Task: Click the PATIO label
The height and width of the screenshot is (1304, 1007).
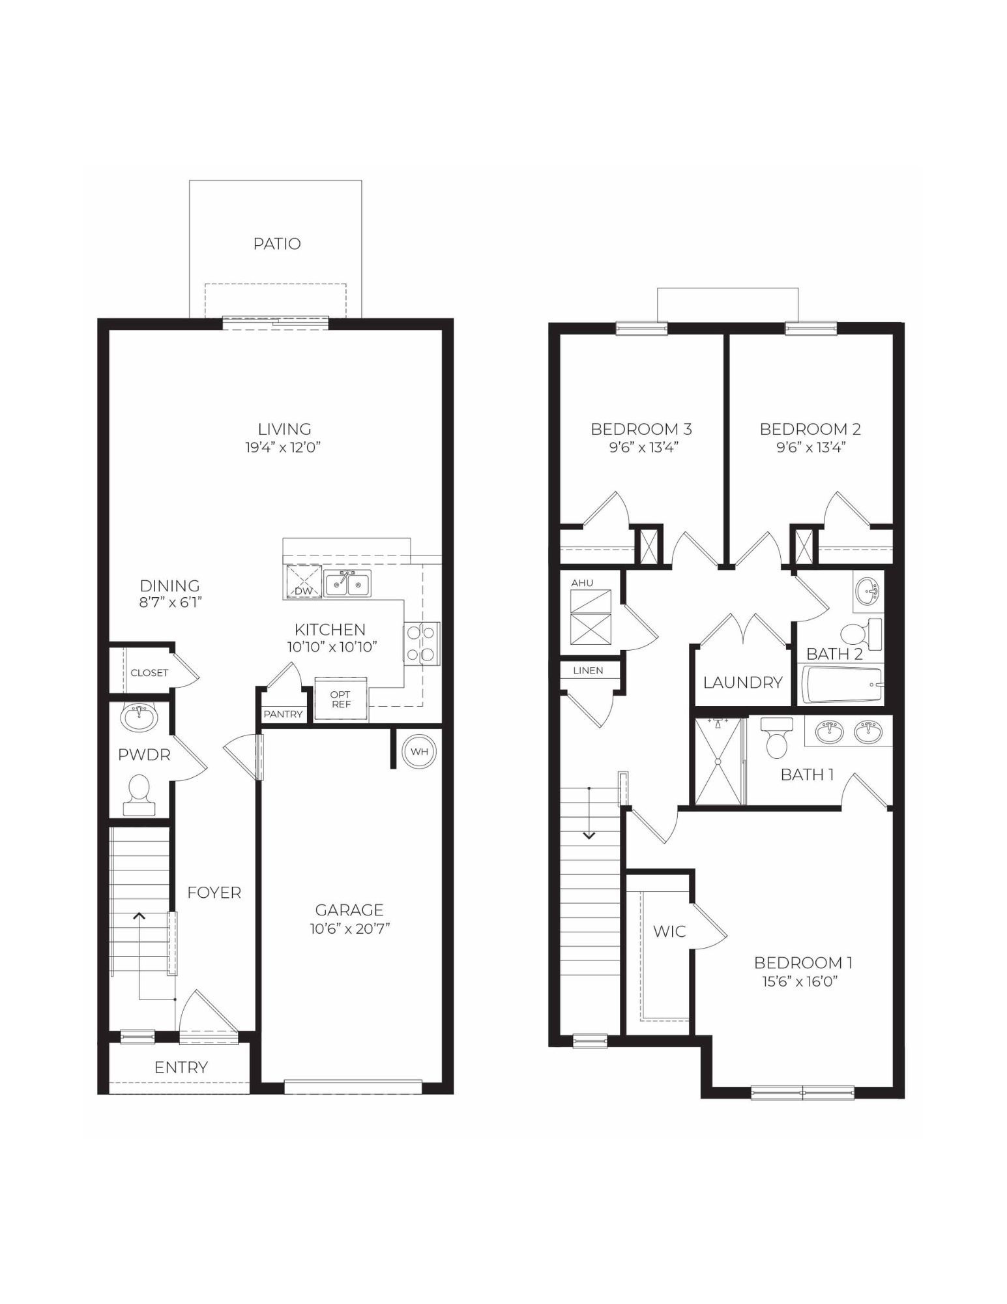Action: (x=277, y=244)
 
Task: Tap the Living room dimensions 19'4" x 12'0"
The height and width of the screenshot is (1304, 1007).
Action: (x=284, y=447)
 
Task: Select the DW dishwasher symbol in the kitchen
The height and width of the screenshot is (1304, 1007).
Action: (x=304, y=582)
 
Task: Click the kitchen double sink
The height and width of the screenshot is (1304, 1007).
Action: (x=347, y=583)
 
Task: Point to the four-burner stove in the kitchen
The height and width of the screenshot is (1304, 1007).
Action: (x=421, y=643)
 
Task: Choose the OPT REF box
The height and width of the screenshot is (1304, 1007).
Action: (x=341, y=700)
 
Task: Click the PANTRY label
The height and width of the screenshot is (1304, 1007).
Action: (x=283, y=714)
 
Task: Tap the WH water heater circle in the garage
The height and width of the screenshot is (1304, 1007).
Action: (x=419, y=751)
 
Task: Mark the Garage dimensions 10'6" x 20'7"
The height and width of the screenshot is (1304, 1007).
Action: (x=349, y=928)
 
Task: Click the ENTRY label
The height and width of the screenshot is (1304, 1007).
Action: (x=181, y=1068)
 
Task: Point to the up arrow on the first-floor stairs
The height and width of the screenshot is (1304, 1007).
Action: (x=139, y=916)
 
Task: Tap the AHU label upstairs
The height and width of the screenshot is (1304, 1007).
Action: (x=582, y=583)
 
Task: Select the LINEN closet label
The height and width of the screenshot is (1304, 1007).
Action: (x=588, y=670)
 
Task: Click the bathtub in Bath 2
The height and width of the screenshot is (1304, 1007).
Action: (x=841, y=685)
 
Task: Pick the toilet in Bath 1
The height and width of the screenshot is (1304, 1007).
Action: (x=776, y=737)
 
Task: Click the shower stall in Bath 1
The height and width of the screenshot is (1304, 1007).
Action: (x=718, y=762)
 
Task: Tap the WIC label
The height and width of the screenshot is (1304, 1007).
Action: (x=669, y=931)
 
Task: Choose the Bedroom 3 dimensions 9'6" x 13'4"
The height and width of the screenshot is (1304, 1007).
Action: (x=641, y=447)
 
